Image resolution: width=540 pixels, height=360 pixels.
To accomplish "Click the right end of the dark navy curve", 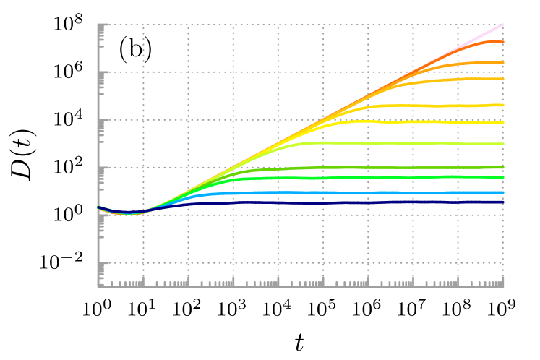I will click(x=503, y=202).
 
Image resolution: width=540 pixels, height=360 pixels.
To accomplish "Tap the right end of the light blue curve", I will click(x=503, y=192).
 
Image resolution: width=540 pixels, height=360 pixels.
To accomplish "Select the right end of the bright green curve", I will click(x=503, y=177).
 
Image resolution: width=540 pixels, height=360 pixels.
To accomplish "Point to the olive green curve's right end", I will click(x=503, y=167).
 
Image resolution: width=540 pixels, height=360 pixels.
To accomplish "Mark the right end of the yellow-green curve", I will click(x=503, y=144).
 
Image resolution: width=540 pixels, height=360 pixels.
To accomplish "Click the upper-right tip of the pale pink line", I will click(x=503, y=25).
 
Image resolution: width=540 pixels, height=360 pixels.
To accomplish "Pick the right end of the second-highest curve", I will click(x=503, y=42).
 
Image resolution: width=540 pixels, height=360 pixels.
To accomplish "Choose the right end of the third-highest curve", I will click(x=503, y=63).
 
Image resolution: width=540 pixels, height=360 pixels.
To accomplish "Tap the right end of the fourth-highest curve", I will click(x=503, y=79).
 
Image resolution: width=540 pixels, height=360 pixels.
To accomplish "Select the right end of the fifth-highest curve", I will click(x=503, y=105).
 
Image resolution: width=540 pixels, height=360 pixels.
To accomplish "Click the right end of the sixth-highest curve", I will click(x=503, y=123).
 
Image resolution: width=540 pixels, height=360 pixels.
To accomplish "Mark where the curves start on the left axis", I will click(x=98, y=207).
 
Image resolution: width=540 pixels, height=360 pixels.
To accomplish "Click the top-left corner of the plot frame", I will click(x=98, y=25).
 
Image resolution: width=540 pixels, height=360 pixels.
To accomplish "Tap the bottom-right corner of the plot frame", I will click(x=503, y=286).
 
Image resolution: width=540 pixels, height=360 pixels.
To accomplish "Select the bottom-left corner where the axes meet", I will click(x=98, y=286).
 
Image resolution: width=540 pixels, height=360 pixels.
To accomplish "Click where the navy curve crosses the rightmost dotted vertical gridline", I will click(x=458, y=202).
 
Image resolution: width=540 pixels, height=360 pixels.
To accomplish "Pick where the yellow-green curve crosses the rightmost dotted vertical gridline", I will click(x=458, y=144).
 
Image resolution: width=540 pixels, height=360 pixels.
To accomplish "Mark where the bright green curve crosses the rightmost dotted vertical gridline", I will click(x=458, y=176).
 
